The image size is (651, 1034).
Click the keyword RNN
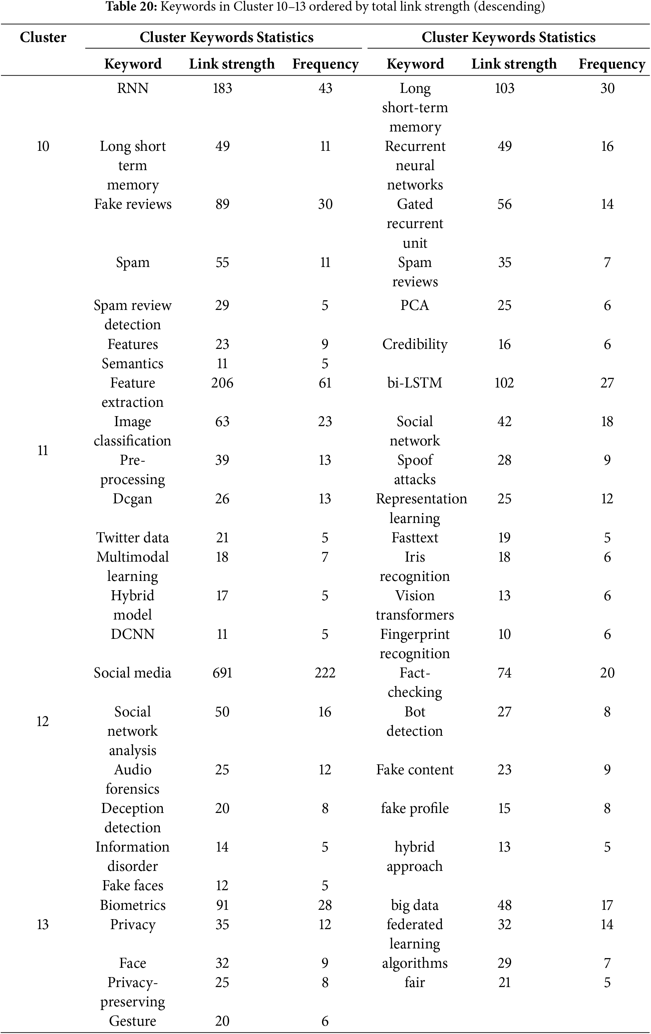click(x=133, y=89)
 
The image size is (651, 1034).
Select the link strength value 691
click(x=222, y=672)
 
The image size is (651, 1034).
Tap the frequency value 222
click(x=325, y=672)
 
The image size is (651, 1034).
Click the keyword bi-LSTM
click(x=414, y=383)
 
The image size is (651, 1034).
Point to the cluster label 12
click(x=43, y=721)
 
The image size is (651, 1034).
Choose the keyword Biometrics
click(x=133, y=905)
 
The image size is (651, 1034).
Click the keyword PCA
click(x=414, y=305)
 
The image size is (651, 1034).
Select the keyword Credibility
click(x=414, y=344)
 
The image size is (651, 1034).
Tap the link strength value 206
click(x=222, y=383)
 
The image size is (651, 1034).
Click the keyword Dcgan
click(x=133, y=499)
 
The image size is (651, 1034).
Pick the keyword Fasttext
click(x=414, y=538)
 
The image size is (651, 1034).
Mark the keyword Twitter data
click(x=133, y=538)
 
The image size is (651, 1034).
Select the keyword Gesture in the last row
click(x=133, y=1021)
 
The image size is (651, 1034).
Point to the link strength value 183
click(x=222, y=89)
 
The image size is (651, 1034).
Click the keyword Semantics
click(x=133, y=363)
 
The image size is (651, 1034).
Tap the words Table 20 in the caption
click(x=132, y=7)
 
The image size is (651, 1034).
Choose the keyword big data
click(x=414, y=905)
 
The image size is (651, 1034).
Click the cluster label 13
click(x=43, y=924)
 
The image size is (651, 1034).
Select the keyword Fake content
click(x=414, y=769)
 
